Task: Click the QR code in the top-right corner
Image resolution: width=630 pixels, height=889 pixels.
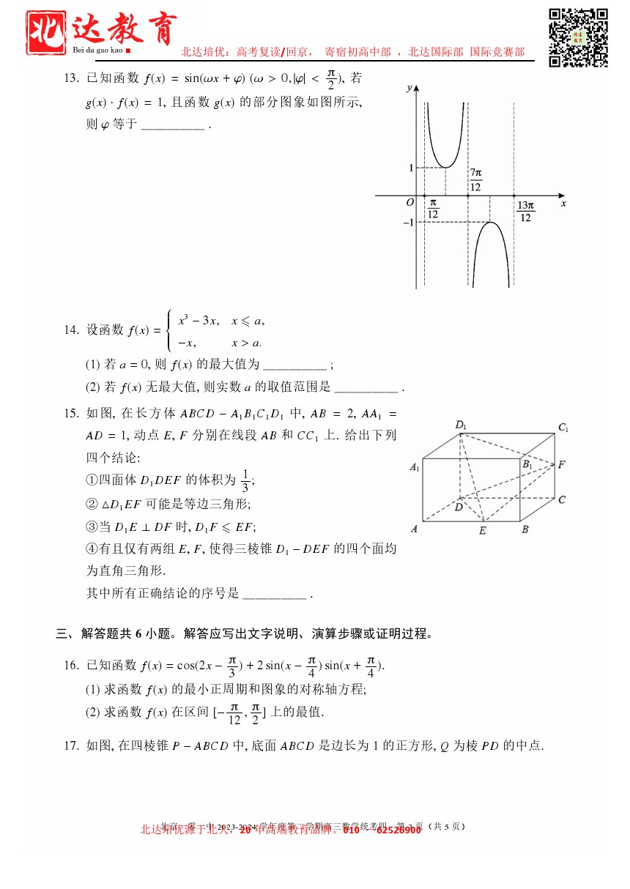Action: coord(579,37)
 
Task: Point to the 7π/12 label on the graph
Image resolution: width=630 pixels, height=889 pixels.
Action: coord(476,180)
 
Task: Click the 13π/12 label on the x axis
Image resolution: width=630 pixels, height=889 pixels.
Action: coord(525,212)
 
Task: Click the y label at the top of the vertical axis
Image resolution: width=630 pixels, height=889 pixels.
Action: coord(407,89)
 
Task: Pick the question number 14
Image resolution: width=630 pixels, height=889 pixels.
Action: coord(71,330)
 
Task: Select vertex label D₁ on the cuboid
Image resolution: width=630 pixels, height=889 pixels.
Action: coord(461,425)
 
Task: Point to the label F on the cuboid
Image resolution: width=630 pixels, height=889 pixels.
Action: coord(561,464)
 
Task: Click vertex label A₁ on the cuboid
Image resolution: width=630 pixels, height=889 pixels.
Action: coord(415,466)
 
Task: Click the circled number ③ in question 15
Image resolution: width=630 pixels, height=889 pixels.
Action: coord(92,527)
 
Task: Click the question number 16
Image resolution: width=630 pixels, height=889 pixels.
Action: coord(71,665)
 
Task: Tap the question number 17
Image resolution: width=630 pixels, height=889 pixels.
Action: coord(71,746)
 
